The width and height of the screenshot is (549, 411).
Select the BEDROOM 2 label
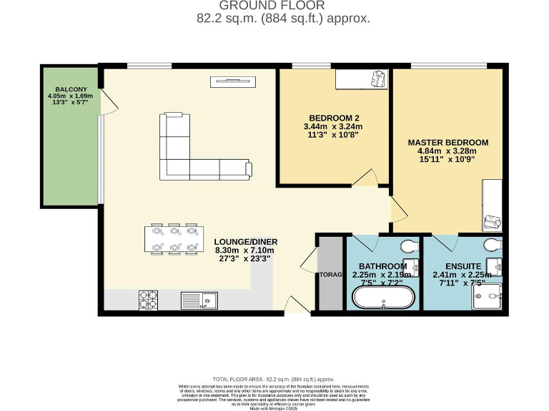(x=333, y=118)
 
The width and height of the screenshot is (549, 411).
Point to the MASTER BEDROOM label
(x=447, y=142)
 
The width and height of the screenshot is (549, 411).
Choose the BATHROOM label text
(x=382, y=265)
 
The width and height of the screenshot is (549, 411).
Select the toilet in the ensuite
(x=492, y=245)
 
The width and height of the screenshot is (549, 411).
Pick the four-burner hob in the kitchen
(x=148, y=300)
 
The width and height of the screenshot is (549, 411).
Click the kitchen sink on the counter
(x=198, y=300)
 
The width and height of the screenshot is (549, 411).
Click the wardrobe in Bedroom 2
(x=362, y=79)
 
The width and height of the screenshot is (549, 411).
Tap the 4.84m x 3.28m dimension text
(x=447, y=151)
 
